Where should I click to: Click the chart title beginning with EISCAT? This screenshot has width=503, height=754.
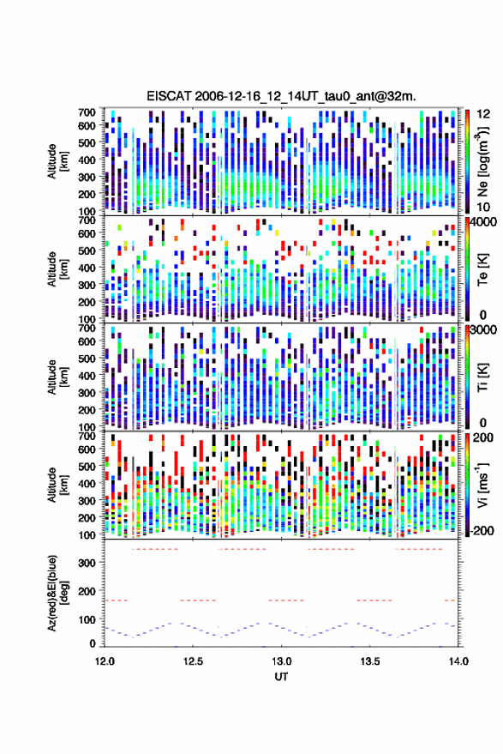tap(282, 96)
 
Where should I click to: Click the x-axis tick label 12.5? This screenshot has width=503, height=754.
tap(193, 661)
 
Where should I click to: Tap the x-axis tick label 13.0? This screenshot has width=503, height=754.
tap(281, 661)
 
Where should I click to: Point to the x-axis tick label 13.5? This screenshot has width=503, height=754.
tap(369, 661)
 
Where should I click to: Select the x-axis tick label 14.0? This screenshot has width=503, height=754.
tap(458, 661)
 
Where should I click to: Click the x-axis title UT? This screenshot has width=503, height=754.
tap(282, 677)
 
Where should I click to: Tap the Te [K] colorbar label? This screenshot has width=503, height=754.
tap(482, 269)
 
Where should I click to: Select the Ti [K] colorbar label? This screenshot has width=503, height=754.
tap(482, 377)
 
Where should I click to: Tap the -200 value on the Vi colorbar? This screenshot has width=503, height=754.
tap(480, 530)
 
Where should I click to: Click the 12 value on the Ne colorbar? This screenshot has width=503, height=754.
tap(484, 114)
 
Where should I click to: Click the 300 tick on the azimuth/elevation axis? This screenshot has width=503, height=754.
tap(87, 563)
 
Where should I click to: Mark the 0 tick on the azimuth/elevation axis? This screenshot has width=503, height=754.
tap(93, 643)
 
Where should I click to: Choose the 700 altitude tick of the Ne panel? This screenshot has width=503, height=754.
tap(87, 112)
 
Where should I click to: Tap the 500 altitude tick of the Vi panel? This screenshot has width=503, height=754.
tap(87, 466)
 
